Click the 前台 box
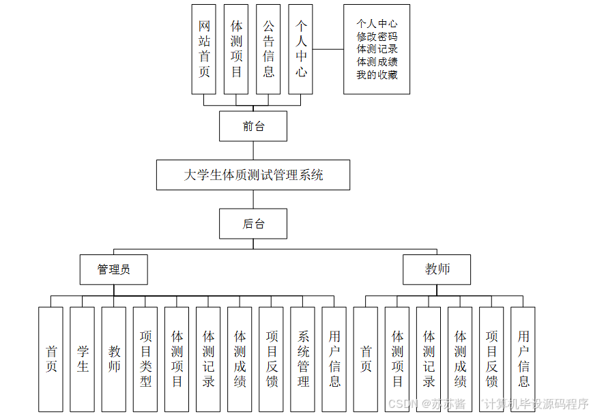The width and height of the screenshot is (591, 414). pos(253,126)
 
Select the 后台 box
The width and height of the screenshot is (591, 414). pos(253,224)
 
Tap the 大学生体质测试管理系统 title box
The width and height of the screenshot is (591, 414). pos(253,175)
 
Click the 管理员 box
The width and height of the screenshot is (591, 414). pos(113,269)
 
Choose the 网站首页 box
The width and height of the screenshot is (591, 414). pos(204,48)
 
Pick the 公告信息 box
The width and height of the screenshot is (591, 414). pos(268,48)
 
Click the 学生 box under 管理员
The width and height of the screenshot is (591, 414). pos(82,359)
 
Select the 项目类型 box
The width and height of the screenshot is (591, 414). pos(145,359)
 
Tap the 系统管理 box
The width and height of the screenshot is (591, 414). pos(302,359)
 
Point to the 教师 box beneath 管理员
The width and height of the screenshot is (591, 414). pos(113,359)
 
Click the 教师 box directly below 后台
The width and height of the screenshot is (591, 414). pos(437,269)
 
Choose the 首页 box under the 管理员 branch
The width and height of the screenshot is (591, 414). pos(51,359)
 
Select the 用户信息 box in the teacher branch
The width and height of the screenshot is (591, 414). pos(523,359)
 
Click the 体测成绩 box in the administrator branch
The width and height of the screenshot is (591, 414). pos(240,359)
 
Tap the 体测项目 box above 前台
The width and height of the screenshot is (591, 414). pos(236,48)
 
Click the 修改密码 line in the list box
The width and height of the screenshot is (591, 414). pos(377,37)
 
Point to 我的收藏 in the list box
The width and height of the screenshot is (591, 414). pos(377,74)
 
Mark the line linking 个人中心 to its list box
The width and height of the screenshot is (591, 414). pos(328,49)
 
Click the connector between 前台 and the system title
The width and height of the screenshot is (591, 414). pos(253,150)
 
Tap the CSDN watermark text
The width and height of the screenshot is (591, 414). pos(403,404)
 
